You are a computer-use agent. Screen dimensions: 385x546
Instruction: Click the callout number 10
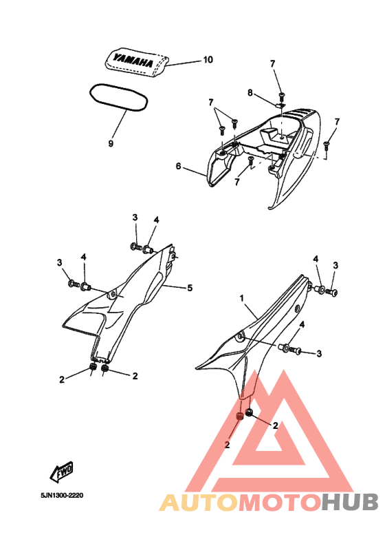208,60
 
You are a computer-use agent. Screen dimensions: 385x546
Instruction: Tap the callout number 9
111,143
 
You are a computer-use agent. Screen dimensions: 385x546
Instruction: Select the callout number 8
250,93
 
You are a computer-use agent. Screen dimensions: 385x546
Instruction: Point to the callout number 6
179,167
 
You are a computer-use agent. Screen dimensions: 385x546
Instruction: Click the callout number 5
190,288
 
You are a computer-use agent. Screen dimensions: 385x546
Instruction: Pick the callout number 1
242,298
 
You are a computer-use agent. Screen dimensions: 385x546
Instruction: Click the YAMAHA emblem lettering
133,61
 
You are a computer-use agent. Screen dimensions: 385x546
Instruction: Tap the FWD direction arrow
62,472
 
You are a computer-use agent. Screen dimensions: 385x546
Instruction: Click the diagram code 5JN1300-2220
62,496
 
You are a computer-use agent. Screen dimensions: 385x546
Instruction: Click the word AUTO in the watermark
199,503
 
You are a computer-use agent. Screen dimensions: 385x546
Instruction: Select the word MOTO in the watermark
280,503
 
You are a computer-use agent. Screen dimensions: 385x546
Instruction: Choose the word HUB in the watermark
349,503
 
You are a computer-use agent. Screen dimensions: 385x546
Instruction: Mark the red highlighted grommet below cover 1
240,416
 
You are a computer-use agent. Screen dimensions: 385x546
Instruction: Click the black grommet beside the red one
249,413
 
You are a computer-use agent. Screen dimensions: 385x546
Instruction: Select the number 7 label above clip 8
273,64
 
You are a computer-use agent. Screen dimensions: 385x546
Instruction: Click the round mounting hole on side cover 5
113,295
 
